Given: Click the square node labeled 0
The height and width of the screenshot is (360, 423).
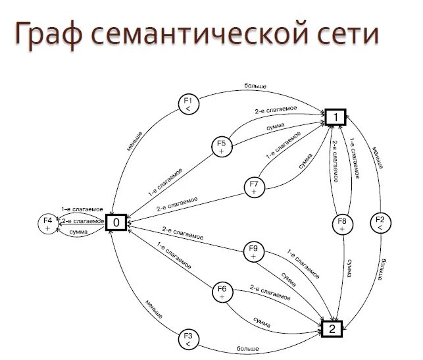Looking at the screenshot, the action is (x=116, y=222).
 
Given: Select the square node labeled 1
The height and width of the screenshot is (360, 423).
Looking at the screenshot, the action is (x=334, y=117).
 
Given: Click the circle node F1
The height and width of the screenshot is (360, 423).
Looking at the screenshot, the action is (x=188, y=105).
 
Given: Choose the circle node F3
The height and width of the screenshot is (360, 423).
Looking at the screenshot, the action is (x=188, y=340).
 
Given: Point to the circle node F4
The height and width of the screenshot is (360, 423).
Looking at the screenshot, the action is (x=47, y=223).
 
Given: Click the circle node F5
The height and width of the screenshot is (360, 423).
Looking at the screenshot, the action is (x=222, y=147).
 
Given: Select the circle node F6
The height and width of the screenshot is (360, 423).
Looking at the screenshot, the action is (x=222, y=293).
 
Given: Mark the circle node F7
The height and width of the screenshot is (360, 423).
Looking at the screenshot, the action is (x=254, y=186).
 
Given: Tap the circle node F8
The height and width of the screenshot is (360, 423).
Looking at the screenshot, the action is (x=342, y=224).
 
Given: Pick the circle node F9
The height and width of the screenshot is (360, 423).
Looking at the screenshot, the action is (x=254, y=252).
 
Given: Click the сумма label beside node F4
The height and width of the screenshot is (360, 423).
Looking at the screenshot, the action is (x=80, y=233).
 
